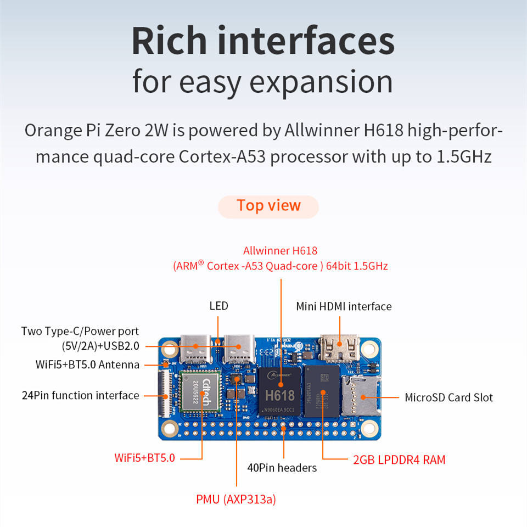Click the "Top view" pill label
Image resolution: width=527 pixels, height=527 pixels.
coord(268,206)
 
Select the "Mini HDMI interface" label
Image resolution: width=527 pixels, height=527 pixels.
coord(344,306)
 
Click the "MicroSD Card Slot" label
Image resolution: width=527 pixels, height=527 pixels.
coord(448,397)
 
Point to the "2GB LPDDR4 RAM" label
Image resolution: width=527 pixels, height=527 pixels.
coord(399,459)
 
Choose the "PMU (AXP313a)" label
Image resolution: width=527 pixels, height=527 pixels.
coord(236,500)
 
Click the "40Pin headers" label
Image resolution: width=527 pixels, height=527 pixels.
coord(282,468)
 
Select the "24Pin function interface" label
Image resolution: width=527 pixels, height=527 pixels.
coord(80,395)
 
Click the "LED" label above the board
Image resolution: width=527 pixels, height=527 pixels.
coord(218,306)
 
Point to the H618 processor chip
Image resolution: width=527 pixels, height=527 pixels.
coord(280,392)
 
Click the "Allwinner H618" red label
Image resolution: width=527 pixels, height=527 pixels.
coord(280,251)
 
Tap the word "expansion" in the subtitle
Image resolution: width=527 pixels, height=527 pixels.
coord(321,82)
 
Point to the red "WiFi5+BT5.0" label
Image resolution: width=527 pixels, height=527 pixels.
coord(145,457)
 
